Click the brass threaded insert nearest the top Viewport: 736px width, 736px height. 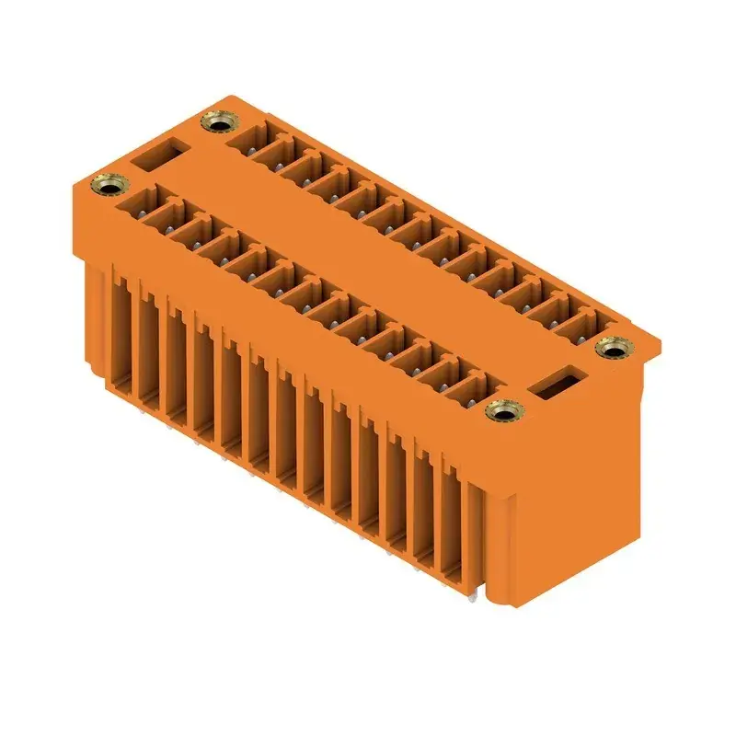tap(217, 122)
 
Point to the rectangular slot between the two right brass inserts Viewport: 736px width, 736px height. tap(558, 381)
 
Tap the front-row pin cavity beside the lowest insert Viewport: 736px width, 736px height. tap(469, 387)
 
